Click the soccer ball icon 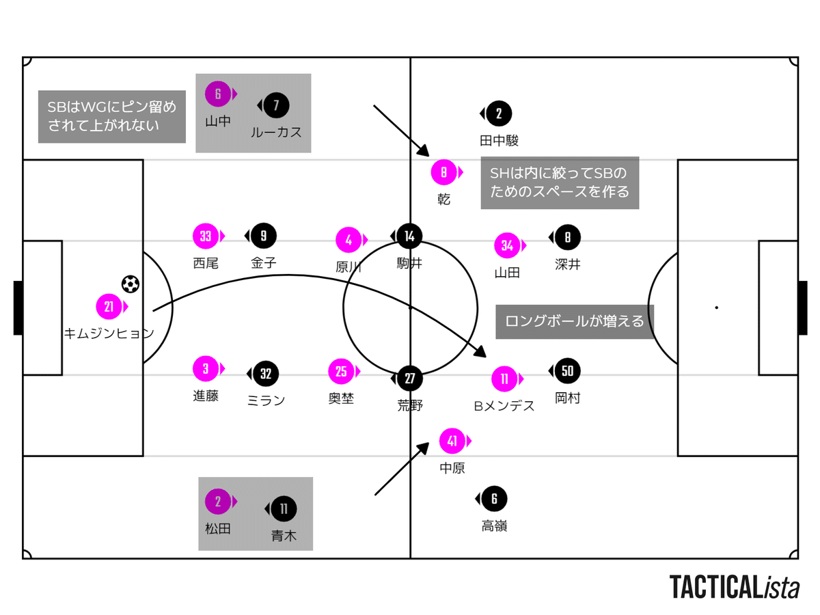(x=130, y=284)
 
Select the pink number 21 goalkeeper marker (x=109, y=307)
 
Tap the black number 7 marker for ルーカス (x=276, y=105)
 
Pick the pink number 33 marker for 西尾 (x=206, y=236)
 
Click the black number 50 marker (x=567, y=371)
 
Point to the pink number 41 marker (x=452, y=441)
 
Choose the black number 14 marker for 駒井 (x=409, y=236)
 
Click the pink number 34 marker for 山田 (x=507, y=245)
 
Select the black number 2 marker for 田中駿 (x=499, y=113)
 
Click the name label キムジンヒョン (x=109, y=334)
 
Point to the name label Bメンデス (x=504, y=406)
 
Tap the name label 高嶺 (x=494, y=526)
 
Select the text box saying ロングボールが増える (x=575, y=321)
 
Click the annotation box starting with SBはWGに (x=111, y=116)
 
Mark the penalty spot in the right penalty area (x=716, y=307)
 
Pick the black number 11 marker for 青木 (x=284, y=508)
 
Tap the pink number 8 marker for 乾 (x=443, y=173)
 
